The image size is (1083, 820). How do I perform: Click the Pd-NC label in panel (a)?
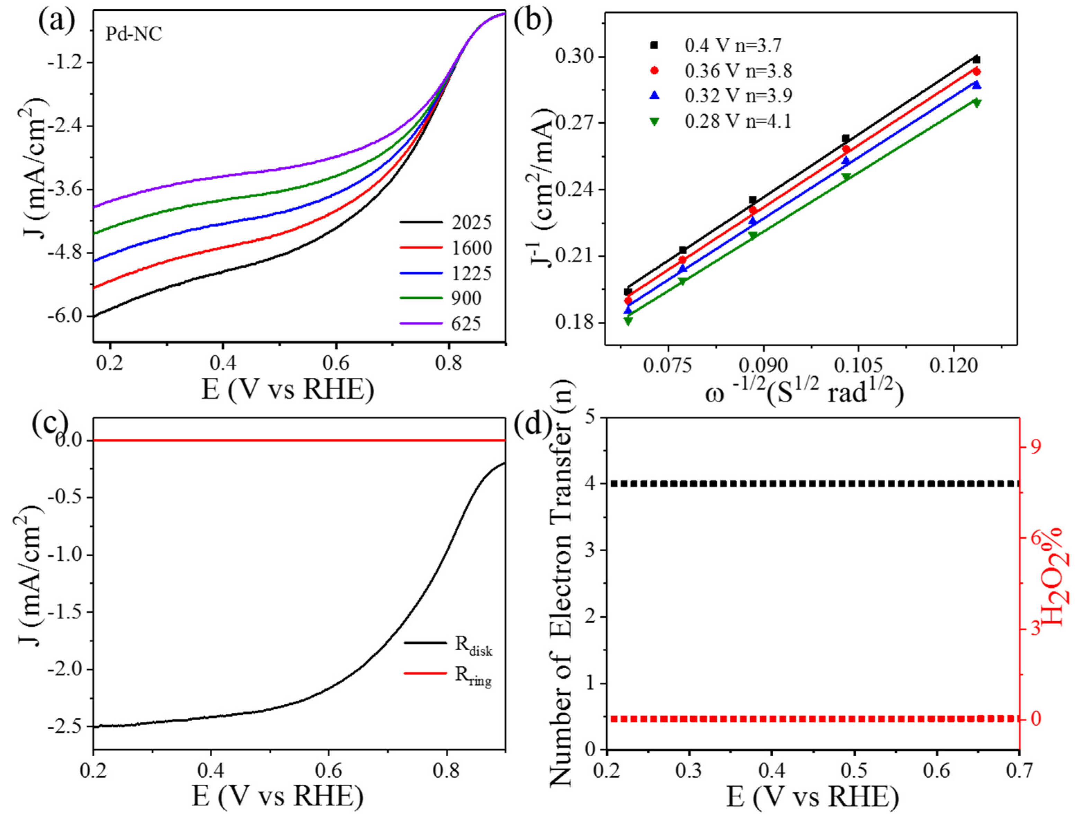[134, 34]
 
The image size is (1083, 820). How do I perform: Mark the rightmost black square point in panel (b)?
[976, 60]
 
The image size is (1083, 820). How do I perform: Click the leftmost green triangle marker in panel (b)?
[628, 321]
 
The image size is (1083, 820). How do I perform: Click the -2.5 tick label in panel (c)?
[65, 727]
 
